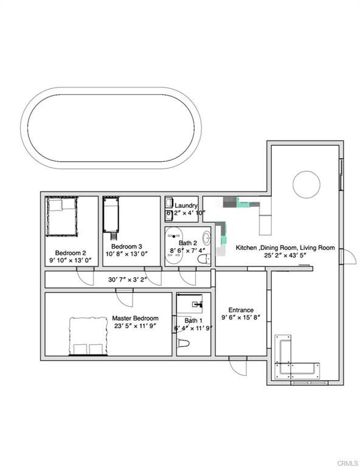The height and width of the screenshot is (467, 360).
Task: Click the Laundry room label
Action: pyautogui.click(x=186, y=206)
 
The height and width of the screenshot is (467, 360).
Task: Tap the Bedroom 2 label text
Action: pyautogui.click(x=71, y=253)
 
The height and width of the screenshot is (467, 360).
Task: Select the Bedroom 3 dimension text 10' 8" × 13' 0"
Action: pyautogui.click(x=127, y=254)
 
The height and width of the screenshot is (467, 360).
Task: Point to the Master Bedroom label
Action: pyautogui.click(x=135, y=318)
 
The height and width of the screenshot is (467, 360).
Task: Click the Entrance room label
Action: pyautogui.click(x=241, y=310)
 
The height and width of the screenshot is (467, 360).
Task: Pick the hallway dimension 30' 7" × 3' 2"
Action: pyautogui.click(x=128, y=280)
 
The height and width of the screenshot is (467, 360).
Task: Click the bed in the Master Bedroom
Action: pyautogui.click(x=88, y=336)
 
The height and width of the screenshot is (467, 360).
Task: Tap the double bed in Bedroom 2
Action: pyautogui.click(x=61, y=216)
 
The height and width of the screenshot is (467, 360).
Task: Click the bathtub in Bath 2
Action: pyautogui.click(x=173, y=246)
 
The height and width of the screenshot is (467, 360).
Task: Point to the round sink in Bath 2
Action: pyautogui.click(x=207, y=238)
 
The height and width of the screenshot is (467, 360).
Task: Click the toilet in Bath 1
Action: pyautogui.click(x=184, y=344)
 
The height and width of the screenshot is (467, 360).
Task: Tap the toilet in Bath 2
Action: pyautogui.click(x=204, y=259)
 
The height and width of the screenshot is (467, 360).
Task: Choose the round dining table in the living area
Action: pyautogui.click(x=306, y=184)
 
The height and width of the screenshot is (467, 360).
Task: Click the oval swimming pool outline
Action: pyautogui.click(x=111, y=88)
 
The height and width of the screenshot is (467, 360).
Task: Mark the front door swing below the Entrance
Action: pyautogui.click(x=238, y=366)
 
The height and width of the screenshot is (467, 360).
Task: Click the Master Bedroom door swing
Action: pyautogui.click(x=125, y=298)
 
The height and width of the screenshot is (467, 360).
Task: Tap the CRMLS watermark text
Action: pyautogui.click(x=347, y=463)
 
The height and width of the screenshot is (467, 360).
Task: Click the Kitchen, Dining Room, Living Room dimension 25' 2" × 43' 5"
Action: pyautogui.click(x=285, y=255)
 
